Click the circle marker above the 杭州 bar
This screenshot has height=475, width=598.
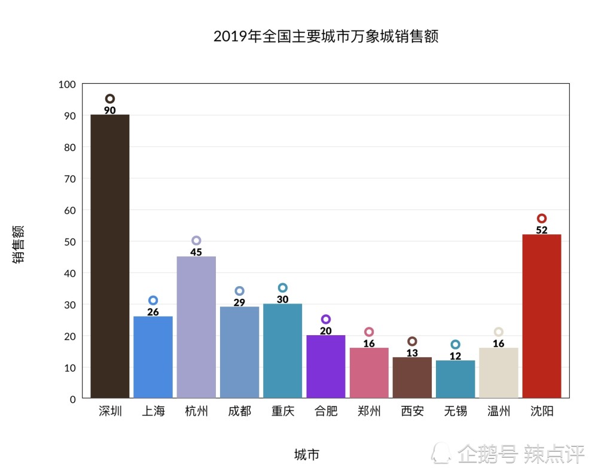click(x=196, y=241)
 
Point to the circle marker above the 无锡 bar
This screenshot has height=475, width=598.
click(x=455, y=345)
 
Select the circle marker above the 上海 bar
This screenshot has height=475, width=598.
click(x=153, y=301)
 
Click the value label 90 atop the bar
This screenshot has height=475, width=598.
click(x=110, y=111)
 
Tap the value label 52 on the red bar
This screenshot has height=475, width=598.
click(x=542, y=230)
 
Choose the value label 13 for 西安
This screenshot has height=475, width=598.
click(x=412, y=353)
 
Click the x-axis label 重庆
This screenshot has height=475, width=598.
click(x=282, y=412)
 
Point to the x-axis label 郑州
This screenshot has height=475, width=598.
click(x=369, y=412)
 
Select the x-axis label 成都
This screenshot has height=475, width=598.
click(x=239, y=412)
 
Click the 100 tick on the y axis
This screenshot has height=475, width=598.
click(x=67, y=85)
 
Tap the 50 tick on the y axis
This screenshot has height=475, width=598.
click(x=69, y=242)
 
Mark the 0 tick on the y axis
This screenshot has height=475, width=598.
click(x=72, y=399)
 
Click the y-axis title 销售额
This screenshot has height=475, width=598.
click(x=19, y=244)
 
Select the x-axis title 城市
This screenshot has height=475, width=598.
click(x=307, y=455)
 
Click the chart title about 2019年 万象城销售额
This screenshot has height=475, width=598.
click(x=326, y=36)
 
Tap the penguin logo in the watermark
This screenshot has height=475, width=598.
click(x=442, y=453)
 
